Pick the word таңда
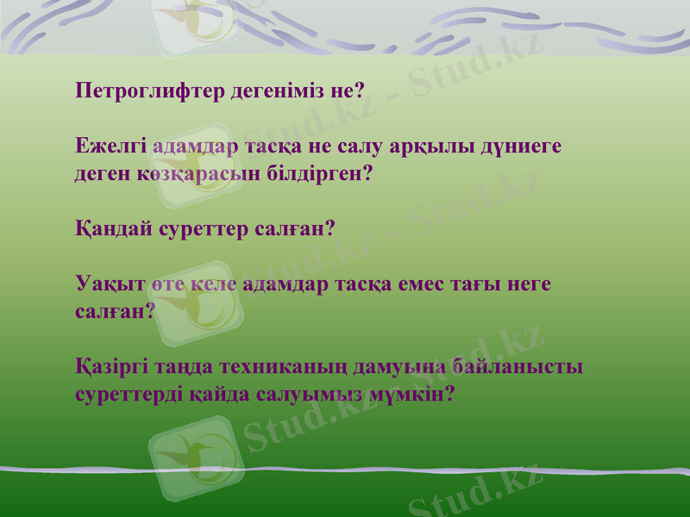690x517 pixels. tap(184, 367)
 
